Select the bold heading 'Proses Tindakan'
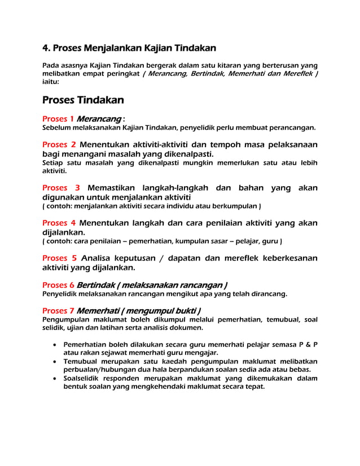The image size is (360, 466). click(x=83, y=100)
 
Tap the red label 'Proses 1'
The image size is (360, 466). click(x=58, y=119)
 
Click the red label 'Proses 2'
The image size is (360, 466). click(x=59, y=144)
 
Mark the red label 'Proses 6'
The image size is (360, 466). click(x=58, y=284)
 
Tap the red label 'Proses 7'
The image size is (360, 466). click(x=58, y=311)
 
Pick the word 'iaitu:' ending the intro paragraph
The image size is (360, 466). click(x=51, y=82)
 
